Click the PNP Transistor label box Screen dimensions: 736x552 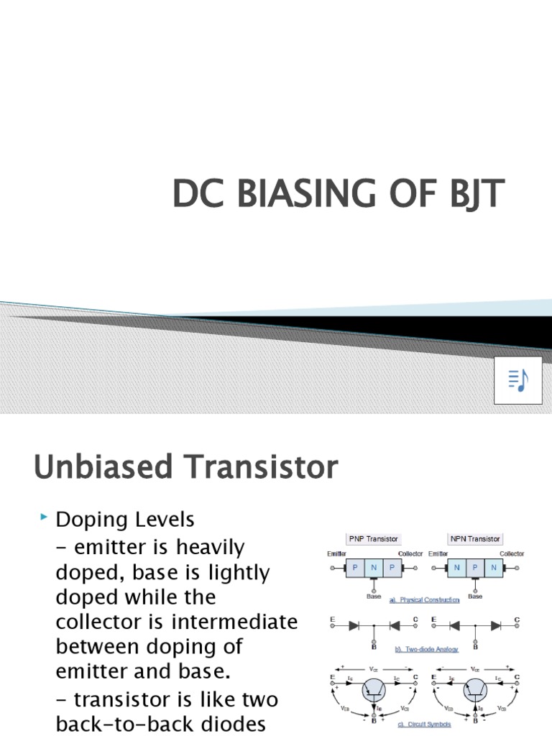[x=373, y=538]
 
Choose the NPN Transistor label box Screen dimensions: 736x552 [x=475, y=538]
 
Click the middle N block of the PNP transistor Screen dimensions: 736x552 [x=374, y=567]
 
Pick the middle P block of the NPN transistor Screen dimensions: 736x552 [x=475, y=567]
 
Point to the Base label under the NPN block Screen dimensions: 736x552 [x=475, y=596]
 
